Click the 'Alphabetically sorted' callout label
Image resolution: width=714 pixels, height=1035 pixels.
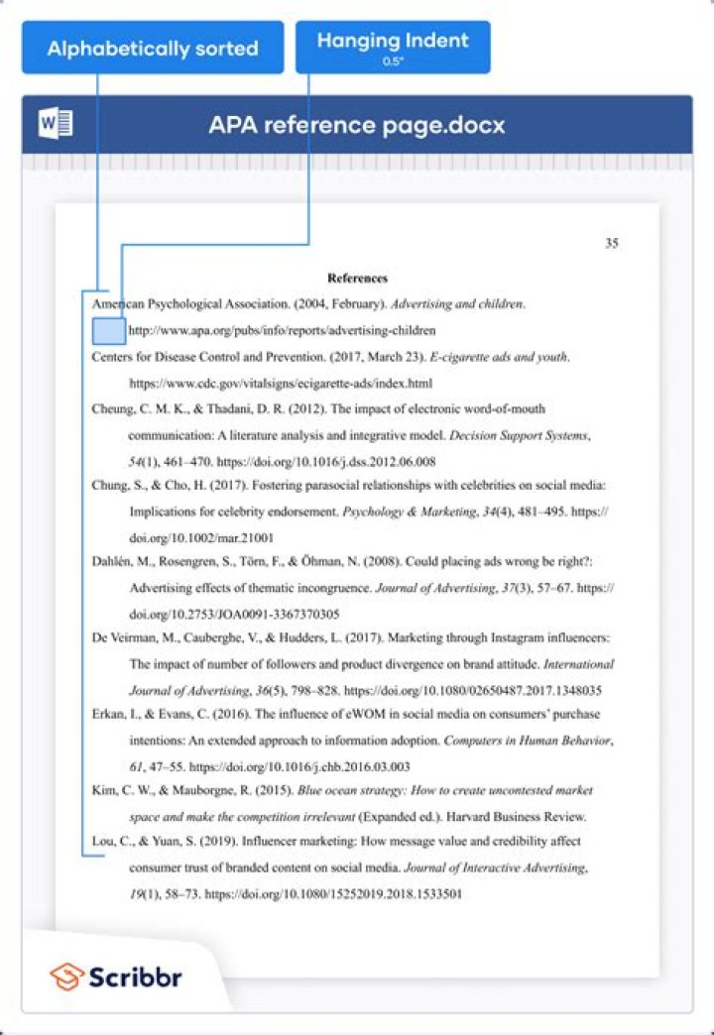[153, 48]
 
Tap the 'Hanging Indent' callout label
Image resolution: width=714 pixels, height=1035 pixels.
[393, 42]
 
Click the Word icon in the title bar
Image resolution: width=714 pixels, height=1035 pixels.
[55, 125]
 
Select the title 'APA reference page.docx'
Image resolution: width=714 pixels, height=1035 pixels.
[356, 126]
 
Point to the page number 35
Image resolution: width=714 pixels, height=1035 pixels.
[612, 244]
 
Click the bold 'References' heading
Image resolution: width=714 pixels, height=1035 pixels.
[357, 279]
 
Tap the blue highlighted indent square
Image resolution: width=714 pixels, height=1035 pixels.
[108, 330]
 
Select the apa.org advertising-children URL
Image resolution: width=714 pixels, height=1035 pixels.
[282, 330]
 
